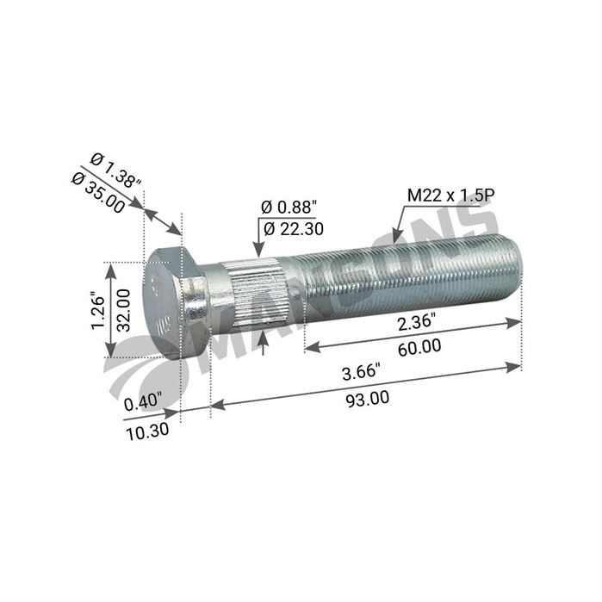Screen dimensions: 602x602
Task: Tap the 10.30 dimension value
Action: [147, 428]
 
